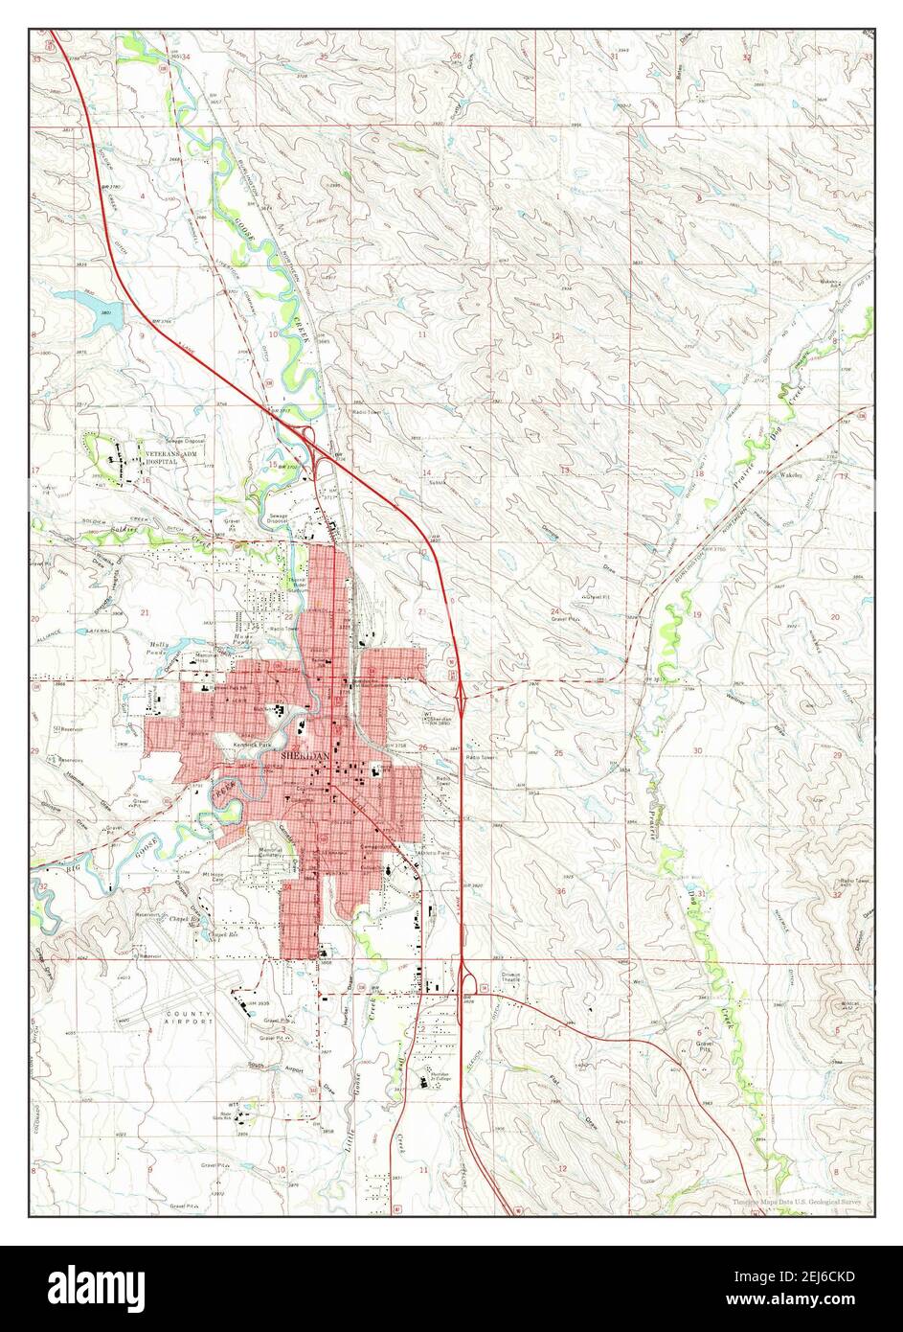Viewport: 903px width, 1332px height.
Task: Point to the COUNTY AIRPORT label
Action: click(x=190, y=1018)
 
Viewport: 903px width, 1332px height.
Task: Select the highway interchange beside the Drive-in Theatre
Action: click(x=466, y=980)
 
